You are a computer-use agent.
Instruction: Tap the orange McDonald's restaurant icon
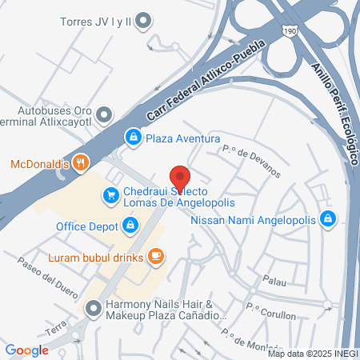(x=79, y=164)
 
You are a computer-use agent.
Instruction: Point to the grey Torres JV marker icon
(x=143, y=19)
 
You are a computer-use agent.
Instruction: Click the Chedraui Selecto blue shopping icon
(x=109, y=194)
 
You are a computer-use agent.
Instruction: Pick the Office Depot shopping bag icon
(x=129, y=226)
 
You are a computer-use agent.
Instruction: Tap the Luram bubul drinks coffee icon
(x=157, y=257)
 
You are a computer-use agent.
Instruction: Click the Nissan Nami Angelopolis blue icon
(x=327, y=218)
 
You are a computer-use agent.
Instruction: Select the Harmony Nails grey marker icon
(x=94, y=307)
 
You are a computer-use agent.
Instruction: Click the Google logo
(x=26, y=350)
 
